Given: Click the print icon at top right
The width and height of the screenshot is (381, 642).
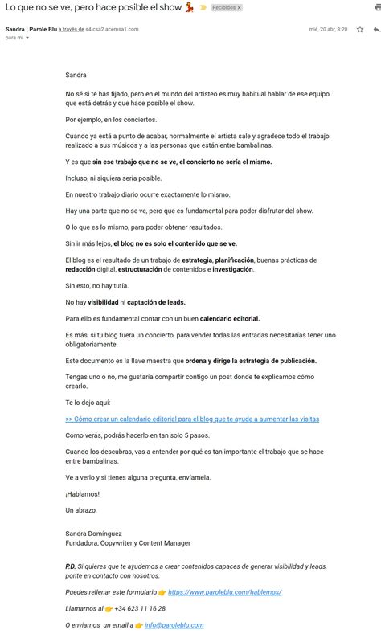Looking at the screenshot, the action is [x=375, y=7].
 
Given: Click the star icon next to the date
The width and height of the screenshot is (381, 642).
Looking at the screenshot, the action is [x=359, y=29].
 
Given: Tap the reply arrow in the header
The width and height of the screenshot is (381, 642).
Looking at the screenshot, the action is [x=375, y=29].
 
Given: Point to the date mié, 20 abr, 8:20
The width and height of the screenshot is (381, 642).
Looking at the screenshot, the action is [x=329, y=29].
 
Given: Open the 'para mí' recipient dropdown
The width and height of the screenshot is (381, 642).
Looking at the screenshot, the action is [x=27, y=38].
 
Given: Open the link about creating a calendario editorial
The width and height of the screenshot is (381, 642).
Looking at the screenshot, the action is [x=192, y=419].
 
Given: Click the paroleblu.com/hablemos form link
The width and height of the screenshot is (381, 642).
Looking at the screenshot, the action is [x=224, y=592].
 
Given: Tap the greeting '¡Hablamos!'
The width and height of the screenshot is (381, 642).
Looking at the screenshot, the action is [x=83, y=494].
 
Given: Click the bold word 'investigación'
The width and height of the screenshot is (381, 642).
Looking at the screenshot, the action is [x=231, y=269].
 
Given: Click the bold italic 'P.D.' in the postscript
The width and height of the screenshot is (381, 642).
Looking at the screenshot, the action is [x=71, y=566].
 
